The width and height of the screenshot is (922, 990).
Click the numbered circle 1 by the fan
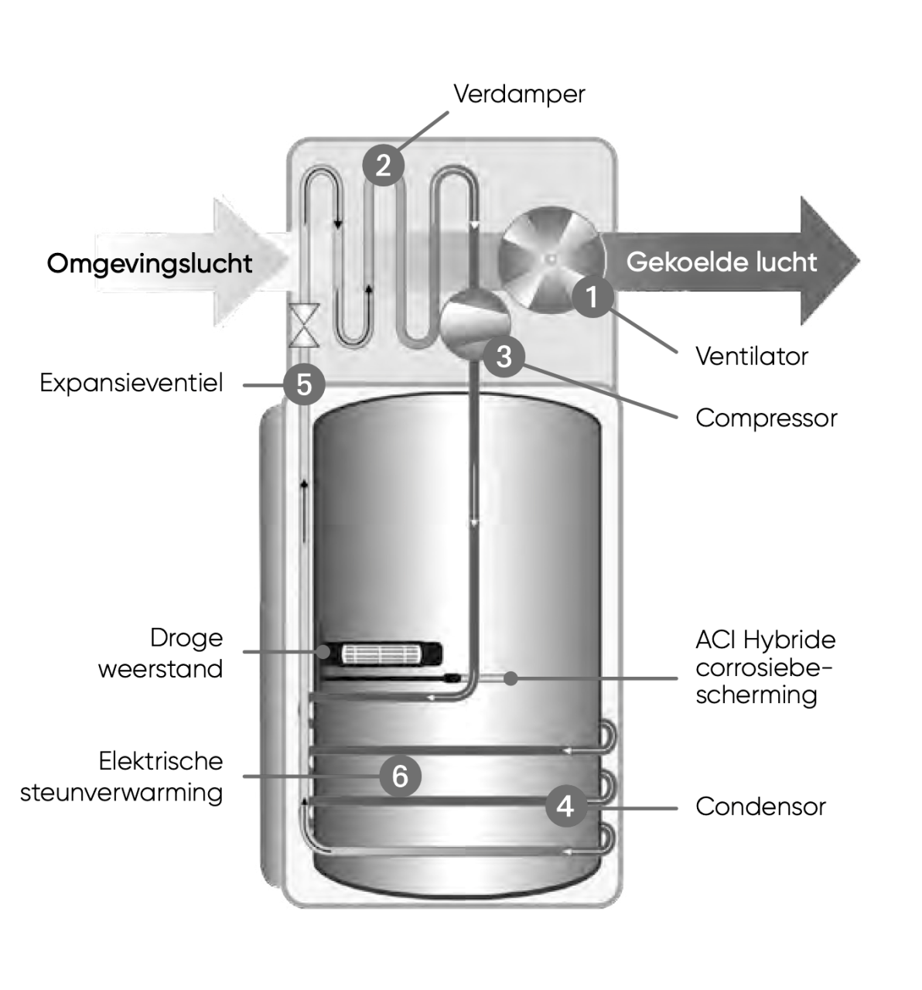click(592, 296)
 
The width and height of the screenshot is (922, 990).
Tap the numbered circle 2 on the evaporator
click(383, 165)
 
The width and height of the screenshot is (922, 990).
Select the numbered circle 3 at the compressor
click(504, 357)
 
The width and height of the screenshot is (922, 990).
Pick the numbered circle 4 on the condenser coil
click(565, 806)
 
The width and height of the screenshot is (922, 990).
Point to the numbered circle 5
click(304, 384)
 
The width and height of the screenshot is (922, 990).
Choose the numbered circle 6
click(400, 775)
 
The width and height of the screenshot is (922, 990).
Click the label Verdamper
click(519, 94)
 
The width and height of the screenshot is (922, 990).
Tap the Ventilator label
click(751, 357)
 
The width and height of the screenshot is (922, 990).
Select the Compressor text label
click(766, 418)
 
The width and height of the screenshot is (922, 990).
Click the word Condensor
click(760, 807)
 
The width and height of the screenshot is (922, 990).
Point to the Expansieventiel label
click(131, 383)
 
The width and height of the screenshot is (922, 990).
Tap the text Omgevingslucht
click(149, 264)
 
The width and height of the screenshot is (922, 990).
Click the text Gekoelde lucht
click(721, 262)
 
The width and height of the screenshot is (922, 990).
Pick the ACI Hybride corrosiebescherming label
click(765, 667)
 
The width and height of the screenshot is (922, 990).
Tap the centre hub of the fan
click(550, 259)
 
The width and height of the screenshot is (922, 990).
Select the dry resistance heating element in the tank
click(381, 654)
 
